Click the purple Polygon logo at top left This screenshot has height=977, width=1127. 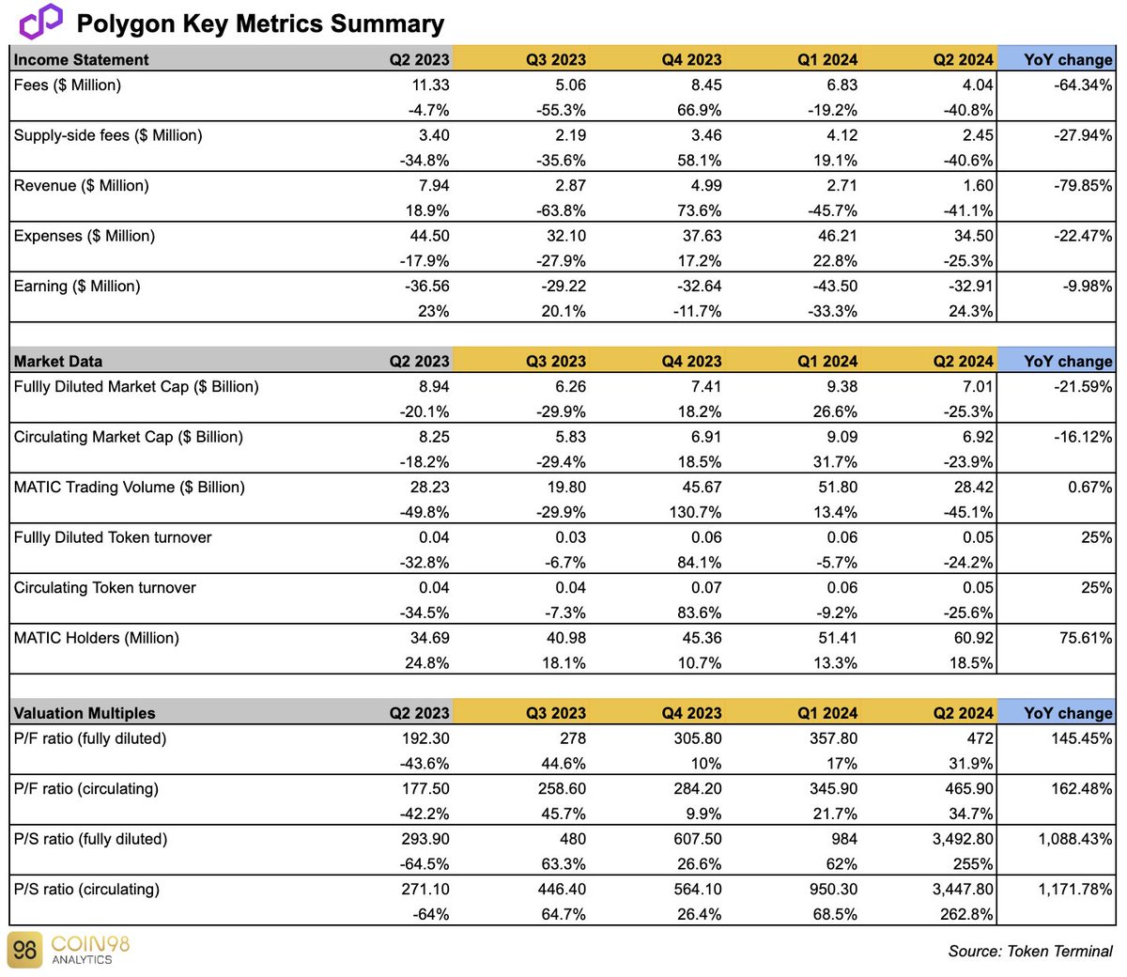coord(40,22)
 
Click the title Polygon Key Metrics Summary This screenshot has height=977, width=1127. coord(260,23)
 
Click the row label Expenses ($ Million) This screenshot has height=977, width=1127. coord(85,236)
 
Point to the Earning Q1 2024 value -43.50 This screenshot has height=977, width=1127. coord(832,287)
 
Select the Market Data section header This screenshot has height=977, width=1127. coord(58,361)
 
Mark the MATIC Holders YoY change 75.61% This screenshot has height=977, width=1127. coord(1086,638)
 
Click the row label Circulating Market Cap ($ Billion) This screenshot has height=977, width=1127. coord(128,437)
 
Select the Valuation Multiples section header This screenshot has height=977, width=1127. coord(85,713)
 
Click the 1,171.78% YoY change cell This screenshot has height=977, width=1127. coord(1074,890)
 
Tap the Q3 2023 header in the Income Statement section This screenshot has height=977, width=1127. coord(555,59)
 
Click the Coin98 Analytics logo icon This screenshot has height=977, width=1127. coord(25,950)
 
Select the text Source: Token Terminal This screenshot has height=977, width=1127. coord(1029,952)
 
